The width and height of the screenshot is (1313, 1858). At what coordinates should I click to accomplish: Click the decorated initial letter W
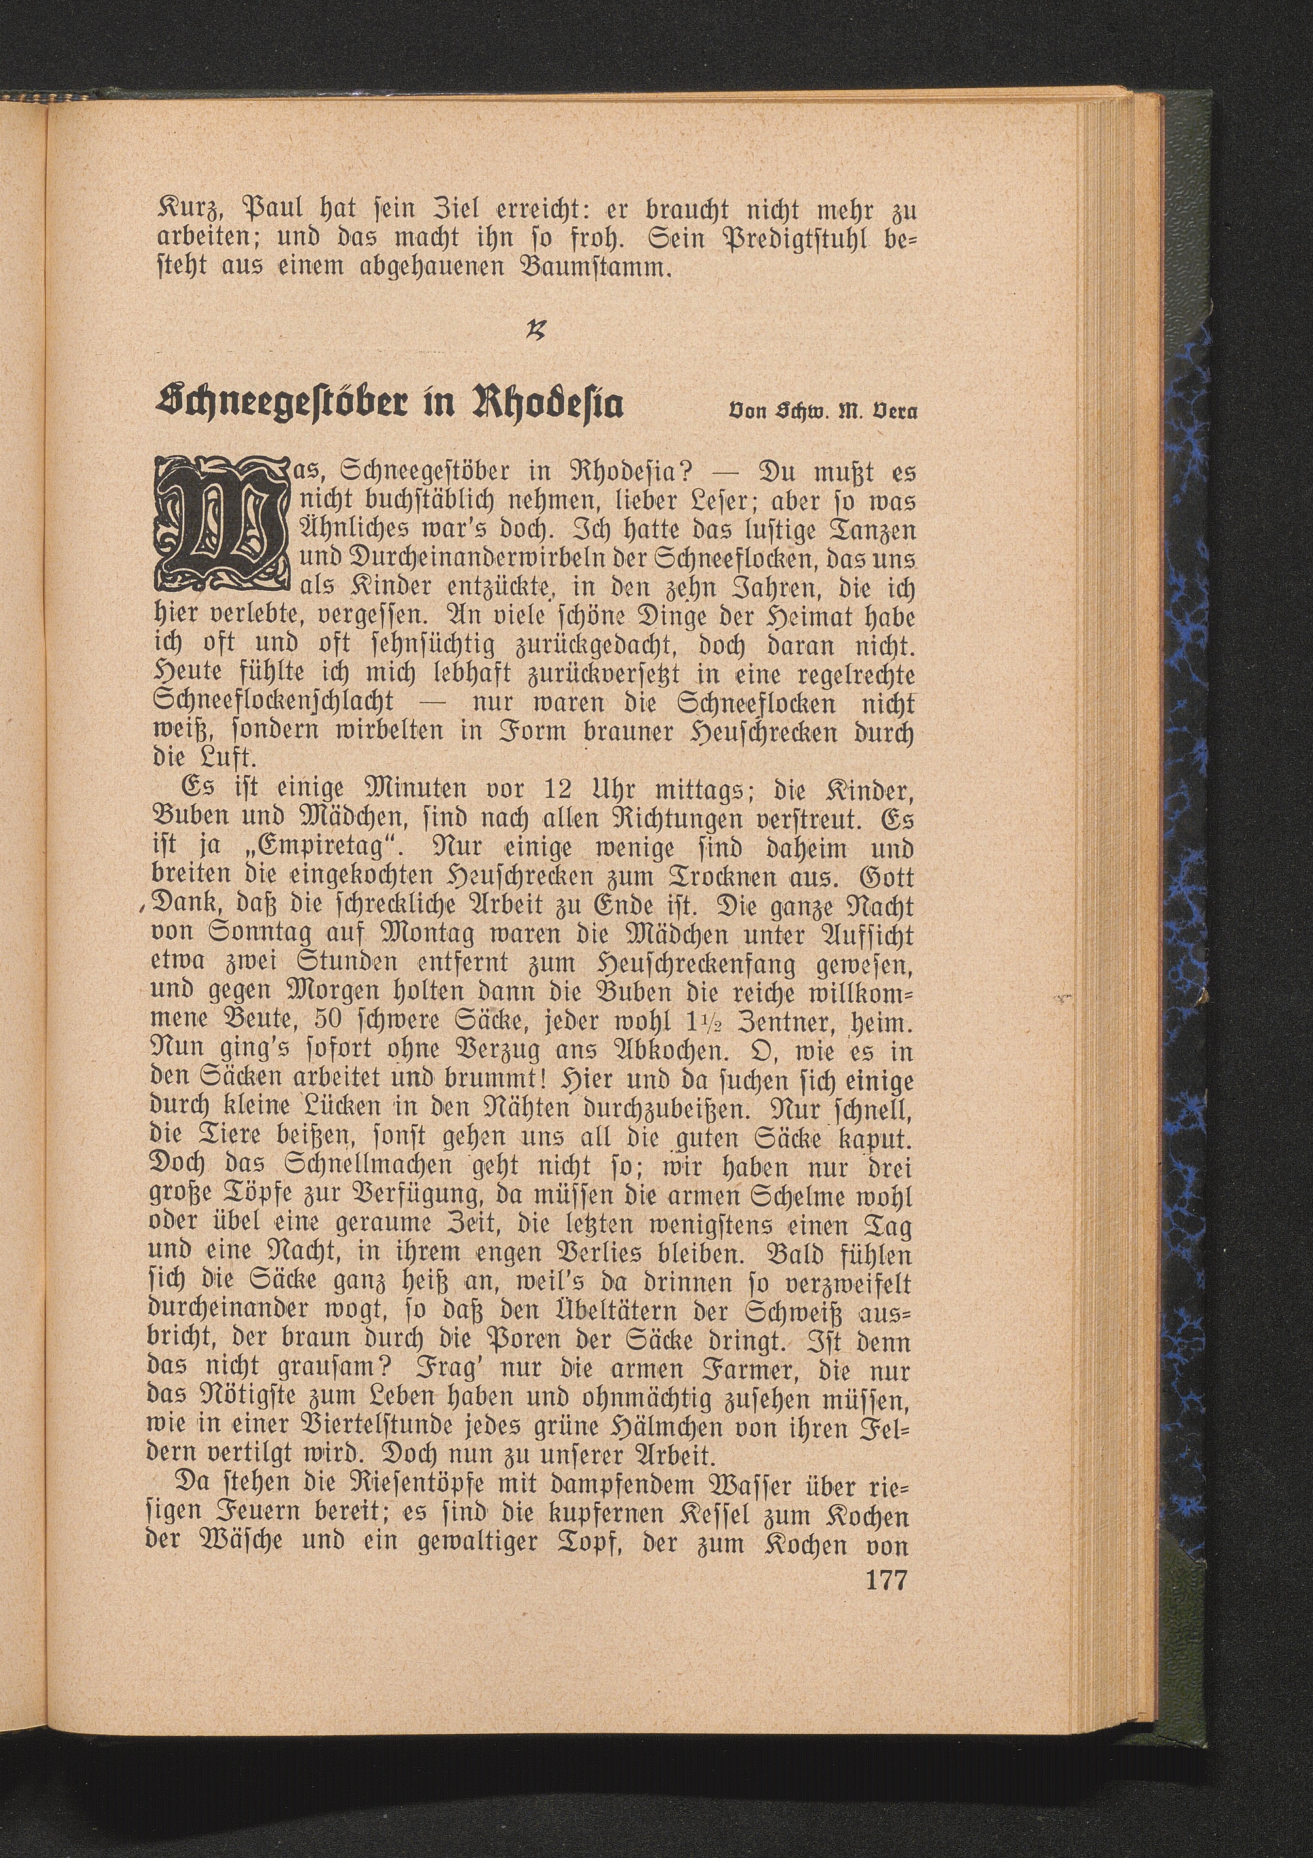pos(220,523)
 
